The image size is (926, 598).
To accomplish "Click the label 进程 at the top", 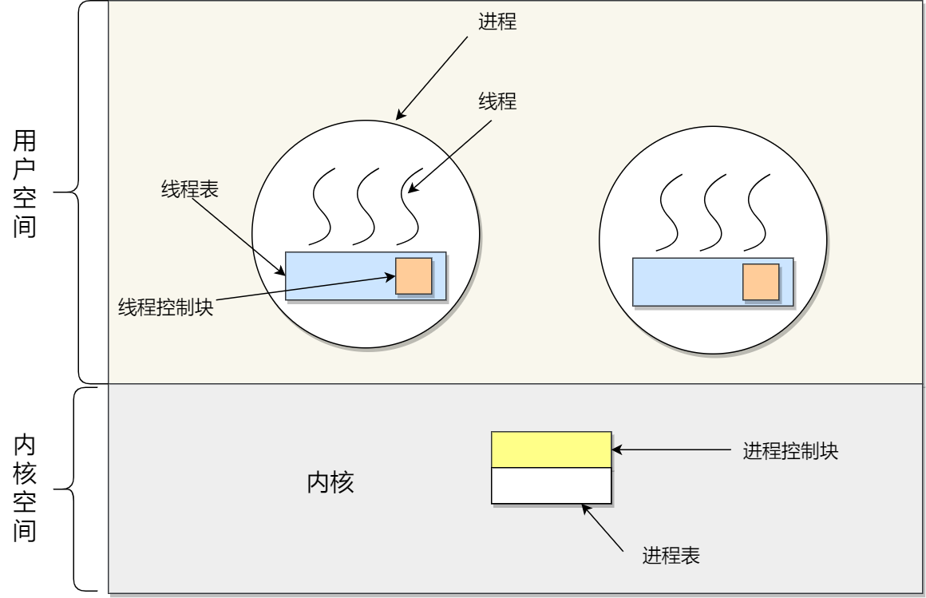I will pos(497,22).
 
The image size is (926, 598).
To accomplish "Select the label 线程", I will pos(497,102).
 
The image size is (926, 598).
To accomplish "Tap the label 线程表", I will pos(190,190).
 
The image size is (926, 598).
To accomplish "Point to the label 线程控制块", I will pos(166,308).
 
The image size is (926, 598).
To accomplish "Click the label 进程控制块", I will pos(790,451).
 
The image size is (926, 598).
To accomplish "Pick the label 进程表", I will pos(671,556).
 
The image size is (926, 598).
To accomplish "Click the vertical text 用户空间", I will pos(25,184).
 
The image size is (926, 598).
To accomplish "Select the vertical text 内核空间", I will pos(25,489).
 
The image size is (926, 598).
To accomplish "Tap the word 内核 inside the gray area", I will pos(330,483).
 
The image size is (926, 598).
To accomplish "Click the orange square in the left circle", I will pos(414,276).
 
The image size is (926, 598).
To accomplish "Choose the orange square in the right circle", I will pos(761,282).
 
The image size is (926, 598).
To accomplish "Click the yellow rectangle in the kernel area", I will pos(551,449).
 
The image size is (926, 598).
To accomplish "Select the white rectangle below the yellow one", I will pos(551,485).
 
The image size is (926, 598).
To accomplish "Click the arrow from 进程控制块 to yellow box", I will pos(671,450).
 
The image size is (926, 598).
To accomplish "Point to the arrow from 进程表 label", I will pos(603,528).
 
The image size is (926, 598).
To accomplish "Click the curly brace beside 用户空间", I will pos(80,192).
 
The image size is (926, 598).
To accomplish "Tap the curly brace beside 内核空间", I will pos(76,489).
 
